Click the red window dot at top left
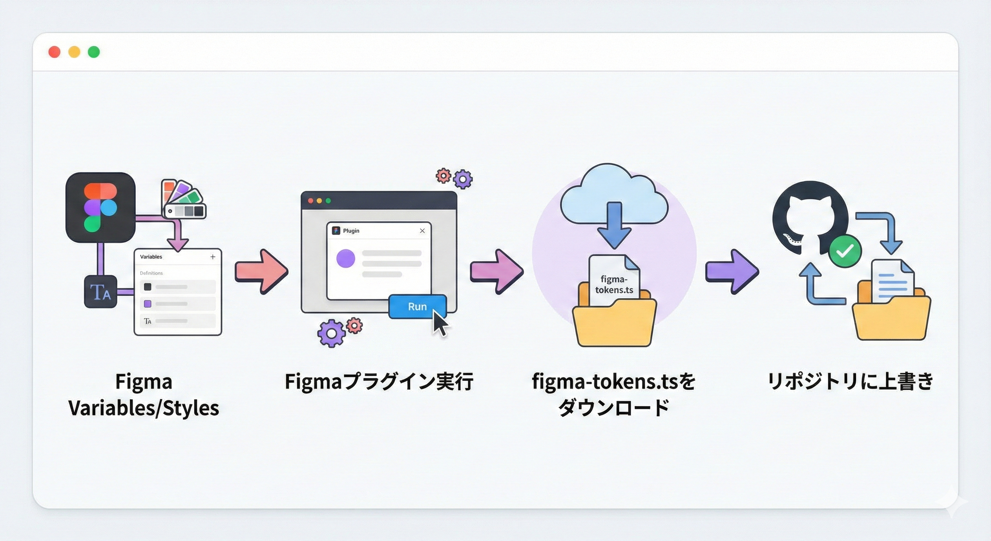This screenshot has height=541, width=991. (54, 52)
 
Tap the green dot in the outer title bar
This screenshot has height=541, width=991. (94, 52)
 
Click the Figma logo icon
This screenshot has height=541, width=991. (100, 208)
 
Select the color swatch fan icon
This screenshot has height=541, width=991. (183, 200)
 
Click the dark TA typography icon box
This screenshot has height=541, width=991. (100, 292)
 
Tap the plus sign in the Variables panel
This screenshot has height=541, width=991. (213, 257)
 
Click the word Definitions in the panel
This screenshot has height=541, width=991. (151, 273)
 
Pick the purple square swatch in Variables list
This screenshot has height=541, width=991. (147, 304)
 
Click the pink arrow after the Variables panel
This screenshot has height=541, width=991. (262, 271)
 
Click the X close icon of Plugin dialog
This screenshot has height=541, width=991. (422, 231)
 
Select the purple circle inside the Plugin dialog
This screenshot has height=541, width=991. (346, 258)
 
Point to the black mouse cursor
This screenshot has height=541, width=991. (439, 323)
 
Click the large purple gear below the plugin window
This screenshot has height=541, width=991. (331, 333)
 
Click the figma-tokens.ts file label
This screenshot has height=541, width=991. (614, 285)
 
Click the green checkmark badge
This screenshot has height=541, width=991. (845, 251)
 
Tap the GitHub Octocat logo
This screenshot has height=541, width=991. (809, 217)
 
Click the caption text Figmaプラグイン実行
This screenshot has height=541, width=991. (379, 382)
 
